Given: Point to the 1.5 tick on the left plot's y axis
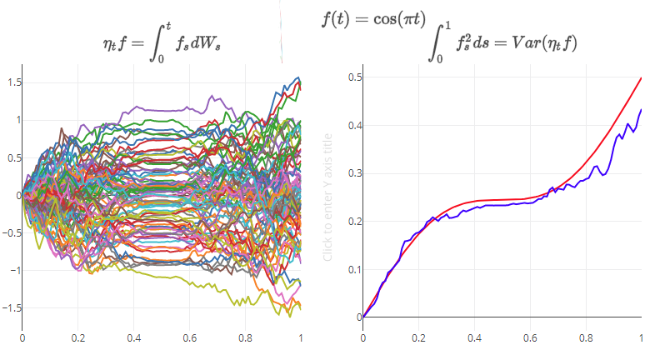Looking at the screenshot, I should pyautogui.click(x=14, y=82).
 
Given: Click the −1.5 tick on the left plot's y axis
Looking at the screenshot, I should pyautogui.click(x=12, y=307).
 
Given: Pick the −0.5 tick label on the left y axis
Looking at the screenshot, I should pyautogui.click(x=12, y=232).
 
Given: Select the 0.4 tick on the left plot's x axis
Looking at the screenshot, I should pyautogui.click(x=133, y=339).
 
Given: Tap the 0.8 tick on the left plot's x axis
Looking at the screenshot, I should pyautogui.click(x=245, y=339).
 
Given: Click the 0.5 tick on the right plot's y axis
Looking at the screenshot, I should pyautogui.click(x=355, y=77).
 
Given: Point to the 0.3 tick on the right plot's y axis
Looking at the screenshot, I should pyautogui.click(x=355, y=173).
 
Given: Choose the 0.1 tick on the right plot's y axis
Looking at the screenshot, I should pyautogui.click(x=355, y=269).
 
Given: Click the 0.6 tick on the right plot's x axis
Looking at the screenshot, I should pyautogui.click(x=530, y=339).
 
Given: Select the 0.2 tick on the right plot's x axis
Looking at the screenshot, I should pyautogui.click(x=418, y=339).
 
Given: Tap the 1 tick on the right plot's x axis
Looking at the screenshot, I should pyautogui.click(x=641, y=339).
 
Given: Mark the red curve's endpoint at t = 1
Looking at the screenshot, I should pyautogui.click(x=641, y=78).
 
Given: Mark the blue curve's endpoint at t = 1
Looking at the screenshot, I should pyautogui.click(x=641, y=110).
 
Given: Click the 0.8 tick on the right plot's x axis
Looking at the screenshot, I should pyautogui.click(x=586, y=339).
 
